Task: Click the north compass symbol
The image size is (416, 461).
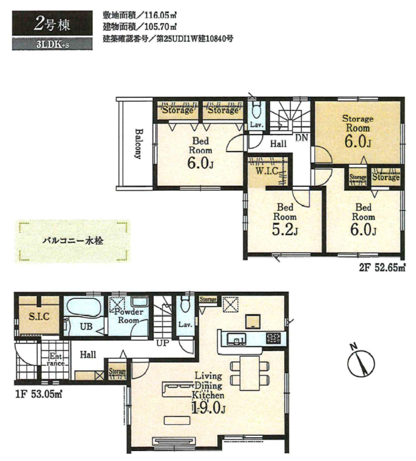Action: click(x=361, y=362)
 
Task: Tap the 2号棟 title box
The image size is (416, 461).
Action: click(x=52, y=23)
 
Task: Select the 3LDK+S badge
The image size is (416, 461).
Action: click(x=52, y=45)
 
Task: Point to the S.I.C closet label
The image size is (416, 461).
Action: click(x=39, y=316)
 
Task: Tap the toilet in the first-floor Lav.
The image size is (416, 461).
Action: click(x=185, y=304)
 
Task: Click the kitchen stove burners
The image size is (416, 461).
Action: click(x=273, y=338)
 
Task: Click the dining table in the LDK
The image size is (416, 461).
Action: click(x=250, y=373)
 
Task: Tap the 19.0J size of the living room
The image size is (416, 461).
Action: click(x=208, y=407)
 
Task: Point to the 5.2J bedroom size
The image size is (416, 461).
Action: click(x=285, y=229)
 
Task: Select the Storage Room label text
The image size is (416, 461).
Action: click(x=358, y=123)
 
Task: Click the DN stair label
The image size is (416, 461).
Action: click(x=301, y=137)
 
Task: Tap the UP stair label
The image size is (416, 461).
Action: click(x=163, y=343)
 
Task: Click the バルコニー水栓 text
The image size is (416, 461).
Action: click(x=73, y=241)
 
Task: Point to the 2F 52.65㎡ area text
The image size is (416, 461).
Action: click(x=382, y=268)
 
